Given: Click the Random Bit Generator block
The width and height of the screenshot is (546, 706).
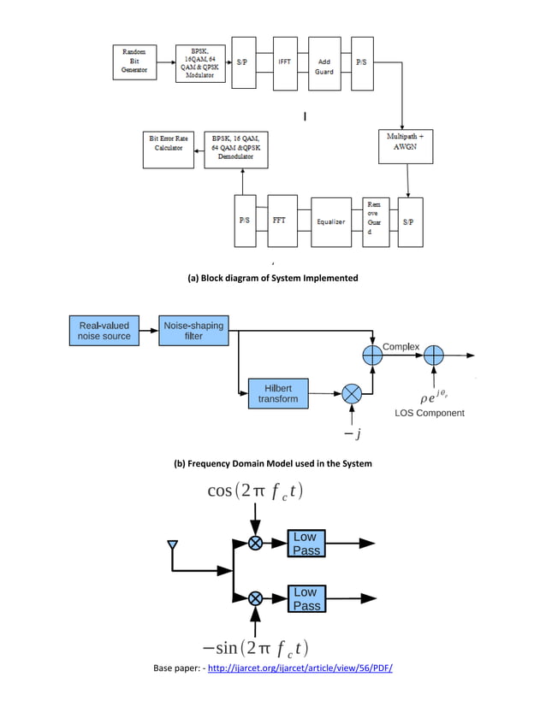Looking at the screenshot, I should tap(135, 62).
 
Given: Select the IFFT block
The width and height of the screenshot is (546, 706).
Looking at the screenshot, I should tap(285, 62).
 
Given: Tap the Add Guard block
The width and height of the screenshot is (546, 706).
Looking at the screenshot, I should tap(324, 66).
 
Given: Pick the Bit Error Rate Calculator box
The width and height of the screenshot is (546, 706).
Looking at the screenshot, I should tap(169, 150).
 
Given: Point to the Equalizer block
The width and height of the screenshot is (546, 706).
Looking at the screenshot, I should tap(331, 221).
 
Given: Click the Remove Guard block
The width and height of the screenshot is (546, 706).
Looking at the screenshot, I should tap(375, 221).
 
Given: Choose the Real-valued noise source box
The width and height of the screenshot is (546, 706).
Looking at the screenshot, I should tap(104, 331).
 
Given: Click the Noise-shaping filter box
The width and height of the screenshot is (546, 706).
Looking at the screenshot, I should tap(194, 331).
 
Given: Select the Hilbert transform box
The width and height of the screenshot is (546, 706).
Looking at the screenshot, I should tap(277, 393).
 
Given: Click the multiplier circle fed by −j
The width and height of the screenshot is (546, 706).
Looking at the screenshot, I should tap(352, 394).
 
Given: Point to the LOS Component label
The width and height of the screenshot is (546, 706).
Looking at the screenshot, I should tap(430, 413).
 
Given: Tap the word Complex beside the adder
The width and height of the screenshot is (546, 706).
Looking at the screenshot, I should tap(401, 346).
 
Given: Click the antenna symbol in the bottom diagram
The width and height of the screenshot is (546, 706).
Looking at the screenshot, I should tap(172, 545).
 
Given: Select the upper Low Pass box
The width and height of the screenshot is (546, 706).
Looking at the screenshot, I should tap(306, 544).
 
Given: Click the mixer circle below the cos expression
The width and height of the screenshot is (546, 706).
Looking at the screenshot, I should tap(255, 544).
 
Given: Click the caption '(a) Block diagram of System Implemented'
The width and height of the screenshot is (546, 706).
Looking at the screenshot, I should tap(272, 278).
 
